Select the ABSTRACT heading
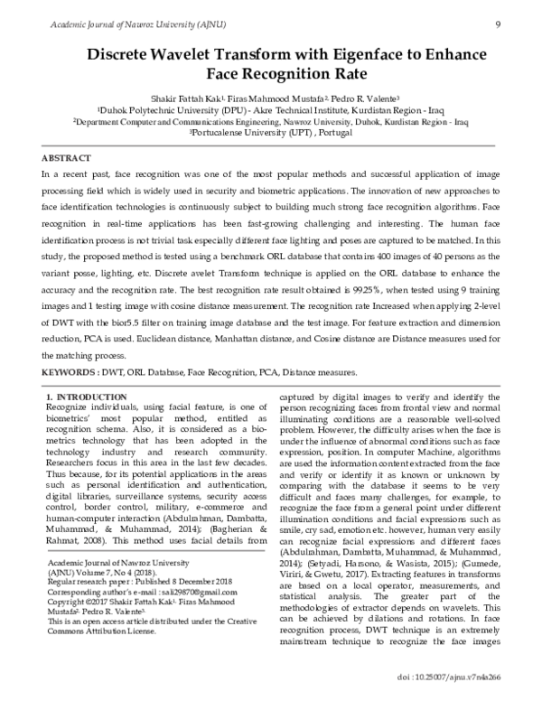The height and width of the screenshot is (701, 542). point(66,156)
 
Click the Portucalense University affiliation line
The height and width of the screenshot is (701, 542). point(270,131)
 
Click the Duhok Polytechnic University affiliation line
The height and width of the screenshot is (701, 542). point(270,108)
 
